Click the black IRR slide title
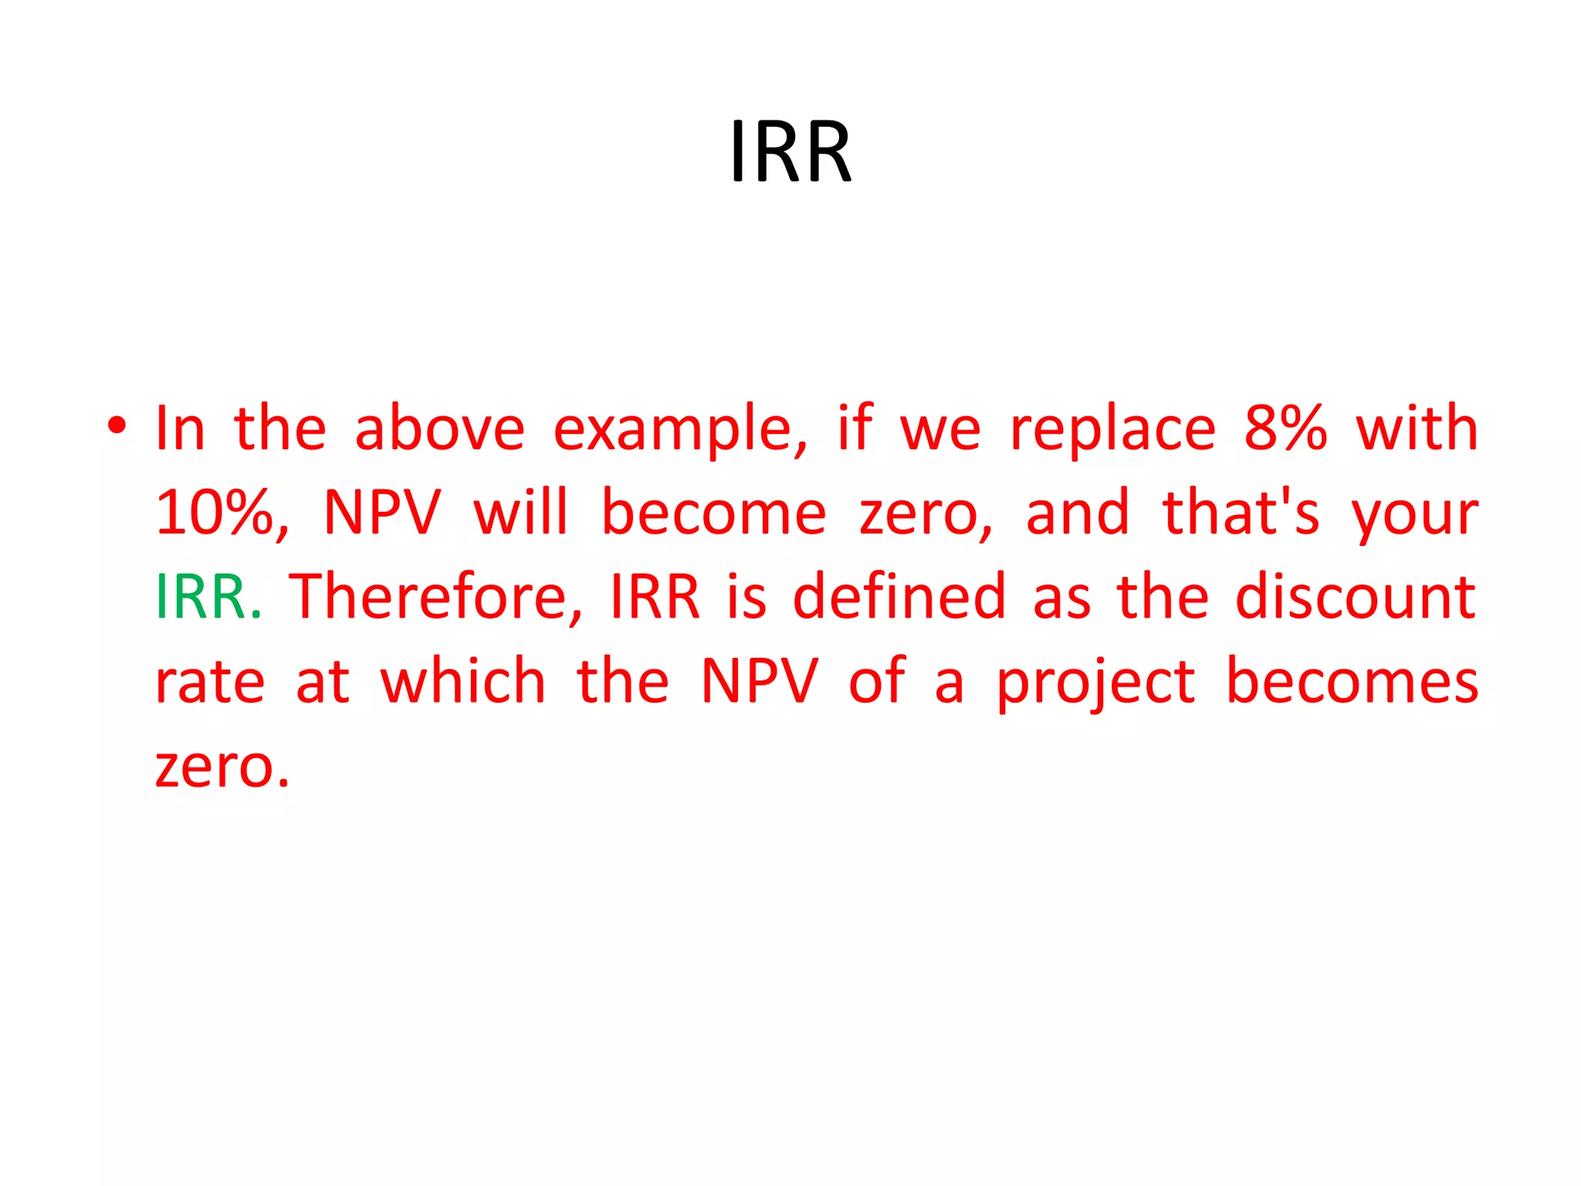tap(790, 152)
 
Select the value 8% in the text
tap(1285, 428)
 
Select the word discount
tap(1356, 597)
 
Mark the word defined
tap(899, 597)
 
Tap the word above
tap(439, 428)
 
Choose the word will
tap(521, 513)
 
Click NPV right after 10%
tap(382, 513)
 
